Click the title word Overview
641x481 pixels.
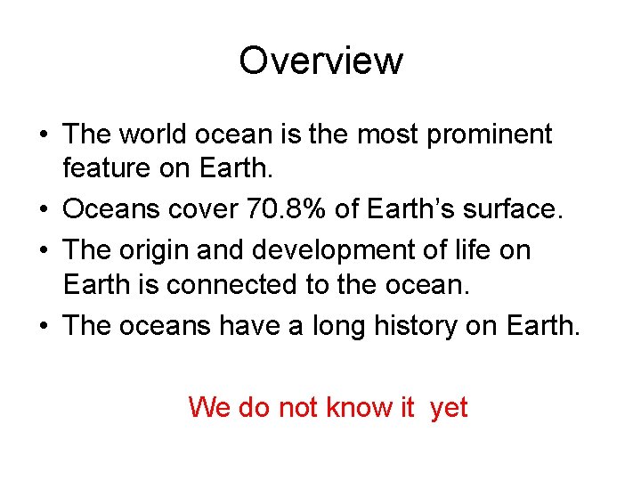point(320,61)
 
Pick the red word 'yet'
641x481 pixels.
point(448,408)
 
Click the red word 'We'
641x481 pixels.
point(208,407)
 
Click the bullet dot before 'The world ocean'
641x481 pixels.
point(45,135)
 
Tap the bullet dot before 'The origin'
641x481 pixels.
point(45,250)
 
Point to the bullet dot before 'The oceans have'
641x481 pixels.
point(45,327)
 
